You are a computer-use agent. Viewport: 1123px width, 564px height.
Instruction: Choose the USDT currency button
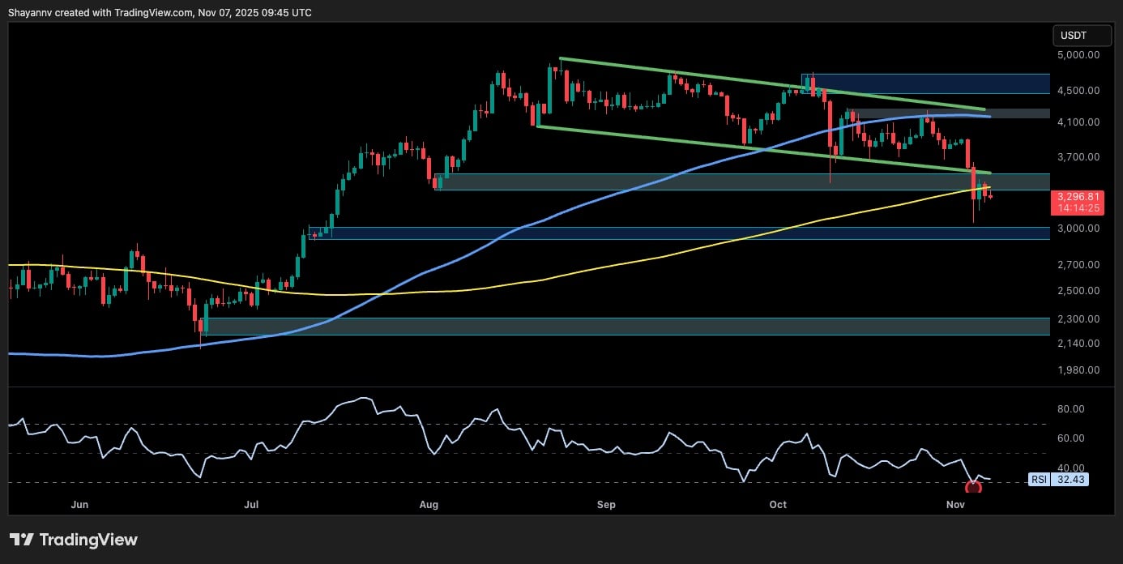(x=1074, y=36)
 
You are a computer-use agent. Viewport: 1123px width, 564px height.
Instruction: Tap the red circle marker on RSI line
(x=973, y=487)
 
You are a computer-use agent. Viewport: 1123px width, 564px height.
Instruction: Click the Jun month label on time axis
(x=79, y=505)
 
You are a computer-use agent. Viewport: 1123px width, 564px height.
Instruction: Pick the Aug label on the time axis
(x=429, y=505)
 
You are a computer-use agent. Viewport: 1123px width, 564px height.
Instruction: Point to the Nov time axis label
(x=954, y=505)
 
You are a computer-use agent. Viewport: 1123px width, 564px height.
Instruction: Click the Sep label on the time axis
(x=606, y=505)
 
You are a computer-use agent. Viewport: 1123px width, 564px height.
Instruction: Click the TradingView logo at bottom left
(x=74, y=540)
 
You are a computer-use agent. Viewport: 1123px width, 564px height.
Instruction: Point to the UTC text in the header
(x=301, y=12)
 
